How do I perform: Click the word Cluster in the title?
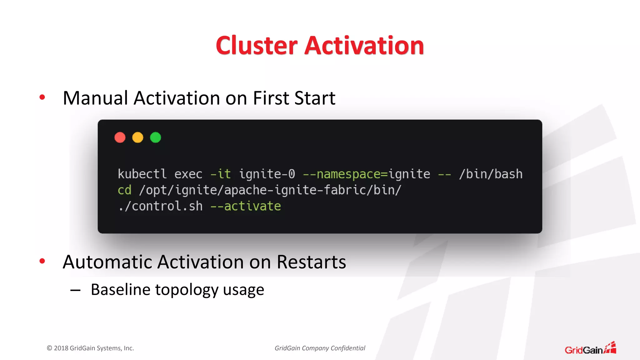(x=256, y=46)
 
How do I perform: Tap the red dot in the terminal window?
(x=120, y=137)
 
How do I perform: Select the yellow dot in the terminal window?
(x=138, y=137)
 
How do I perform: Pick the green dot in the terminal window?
(x=156, y=137)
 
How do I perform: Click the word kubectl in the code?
(x=142, y=174)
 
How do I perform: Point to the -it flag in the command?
(x=221, y=174)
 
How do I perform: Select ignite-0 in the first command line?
(x=267, y=174)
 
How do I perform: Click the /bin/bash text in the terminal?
(x=491, y=174)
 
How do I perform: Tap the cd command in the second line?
(x=124, y=190)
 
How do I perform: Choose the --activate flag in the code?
(x=246, y=206)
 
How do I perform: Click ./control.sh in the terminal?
(x=160, y=206)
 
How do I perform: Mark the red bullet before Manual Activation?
(x=42, y=97)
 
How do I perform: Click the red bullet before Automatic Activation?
(x=42, y=261)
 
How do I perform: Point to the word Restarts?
(x=311, y=262)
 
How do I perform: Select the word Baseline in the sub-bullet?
(x=121, y=289)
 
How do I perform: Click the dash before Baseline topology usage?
(x=75, y=290)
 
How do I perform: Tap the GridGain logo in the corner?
(x=590, y=348)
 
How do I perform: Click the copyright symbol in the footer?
(x=49, y=348)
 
